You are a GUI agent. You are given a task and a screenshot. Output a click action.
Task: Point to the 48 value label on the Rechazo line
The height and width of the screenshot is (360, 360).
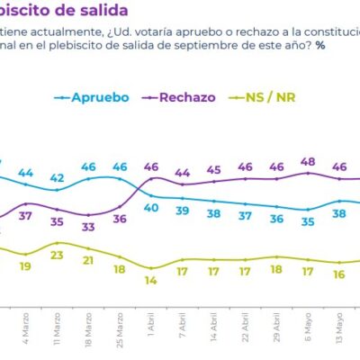pos(307,162)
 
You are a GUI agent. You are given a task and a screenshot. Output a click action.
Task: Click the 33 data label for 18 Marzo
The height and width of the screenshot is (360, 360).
pos(88,227)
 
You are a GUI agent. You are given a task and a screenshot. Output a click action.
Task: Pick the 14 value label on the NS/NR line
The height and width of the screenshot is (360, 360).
pos(151,280)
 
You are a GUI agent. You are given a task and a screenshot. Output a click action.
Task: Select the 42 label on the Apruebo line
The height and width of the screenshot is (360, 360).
pos(58,177)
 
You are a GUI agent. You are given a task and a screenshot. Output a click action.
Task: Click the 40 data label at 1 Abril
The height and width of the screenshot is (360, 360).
pos(151,208)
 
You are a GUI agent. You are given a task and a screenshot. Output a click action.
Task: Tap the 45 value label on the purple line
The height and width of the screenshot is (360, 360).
pos(213,169)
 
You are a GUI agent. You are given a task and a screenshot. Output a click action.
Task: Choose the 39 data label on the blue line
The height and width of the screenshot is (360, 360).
pos(183,211)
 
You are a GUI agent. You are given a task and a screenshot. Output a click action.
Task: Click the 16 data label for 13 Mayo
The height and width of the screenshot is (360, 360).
pos(338,274)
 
